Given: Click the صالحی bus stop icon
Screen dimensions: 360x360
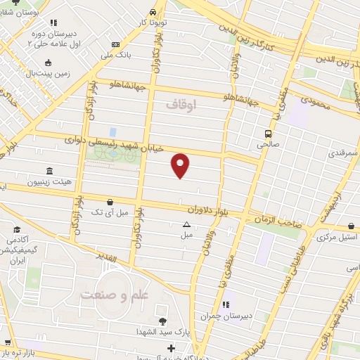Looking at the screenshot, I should point(267,133).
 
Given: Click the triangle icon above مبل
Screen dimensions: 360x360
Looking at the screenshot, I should point(186,224).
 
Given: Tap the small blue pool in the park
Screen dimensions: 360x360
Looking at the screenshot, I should point(112,131).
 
